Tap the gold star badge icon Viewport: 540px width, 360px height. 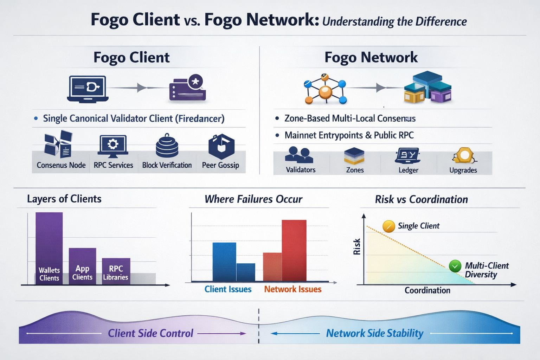(195, 82)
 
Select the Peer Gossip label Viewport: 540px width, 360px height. (220, 165)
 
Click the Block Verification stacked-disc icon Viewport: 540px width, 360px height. (167, 146)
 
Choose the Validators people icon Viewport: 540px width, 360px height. (300, 155)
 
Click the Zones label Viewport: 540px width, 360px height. (355, 170)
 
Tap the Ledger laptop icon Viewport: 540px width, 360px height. (408, 156)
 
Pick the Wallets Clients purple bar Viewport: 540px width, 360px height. (49, 248)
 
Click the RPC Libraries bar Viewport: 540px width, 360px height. (116, 271)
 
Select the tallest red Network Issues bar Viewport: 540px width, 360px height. (294, 250)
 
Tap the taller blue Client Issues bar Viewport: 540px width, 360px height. (224, 262)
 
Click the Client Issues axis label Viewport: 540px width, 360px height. (228, 289)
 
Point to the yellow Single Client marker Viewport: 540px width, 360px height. (388, 226)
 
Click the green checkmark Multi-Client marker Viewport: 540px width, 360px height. (455, 266)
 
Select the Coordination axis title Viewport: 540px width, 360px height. (427, 290)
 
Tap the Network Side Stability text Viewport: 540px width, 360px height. (374, 333)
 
